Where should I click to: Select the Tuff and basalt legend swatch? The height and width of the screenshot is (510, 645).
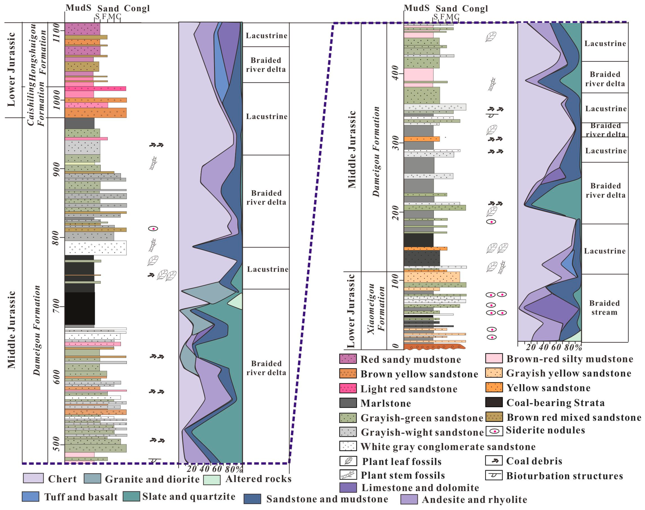[30, 496]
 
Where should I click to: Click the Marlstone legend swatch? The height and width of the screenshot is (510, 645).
[348, 403]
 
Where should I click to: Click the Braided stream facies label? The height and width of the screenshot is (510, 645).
[604, 308]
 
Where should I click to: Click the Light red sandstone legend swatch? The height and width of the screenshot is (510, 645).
[348, 388]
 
